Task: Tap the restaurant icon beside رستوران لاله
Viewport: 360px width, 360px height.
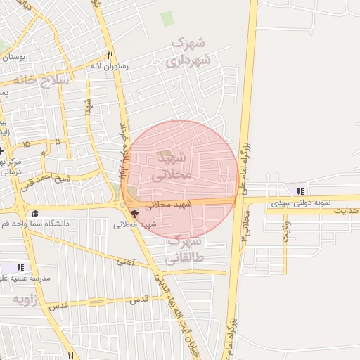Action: pos(110,55)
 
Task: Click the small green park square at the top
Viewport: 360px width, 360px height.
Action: pos(167,19)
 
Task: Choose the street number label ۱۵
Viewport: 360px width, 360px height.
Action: pos(27,143)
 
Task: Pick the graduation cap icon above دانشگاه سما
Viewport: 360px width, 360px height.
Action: pos(35,214)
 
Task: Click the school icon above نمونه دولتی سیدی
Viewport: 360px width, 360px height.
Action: pos(301,191)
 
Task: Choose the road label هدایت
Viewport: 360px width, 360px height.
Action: pos(346,210)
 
